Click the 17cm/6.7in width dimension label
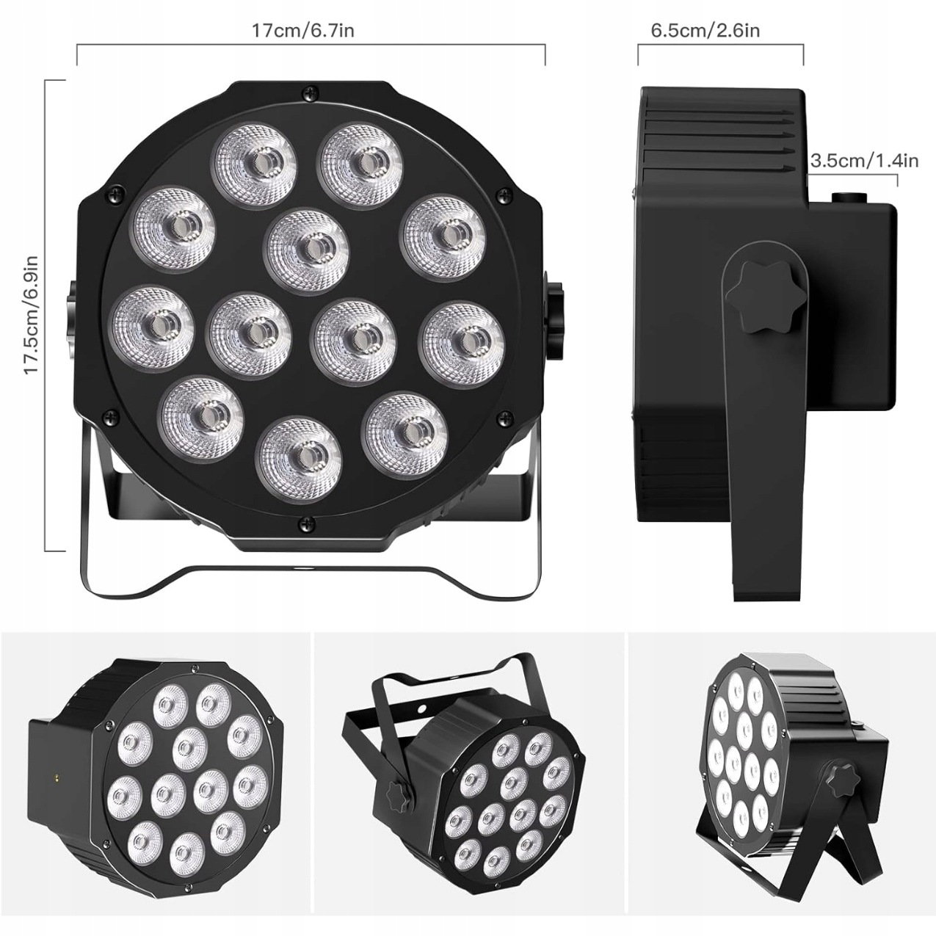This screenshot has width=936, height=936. (x=302, y=30)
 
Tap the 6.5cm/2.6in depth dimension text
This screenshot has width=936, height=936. (x=705, y=30)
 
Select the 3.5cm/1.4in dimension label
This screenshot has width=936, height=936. (x=864, y=160)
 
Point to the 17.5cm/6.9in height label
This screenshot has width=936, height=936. (x=32, y=315)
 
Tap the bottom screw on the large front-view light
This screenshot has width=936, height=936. (x=307, y=523)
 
